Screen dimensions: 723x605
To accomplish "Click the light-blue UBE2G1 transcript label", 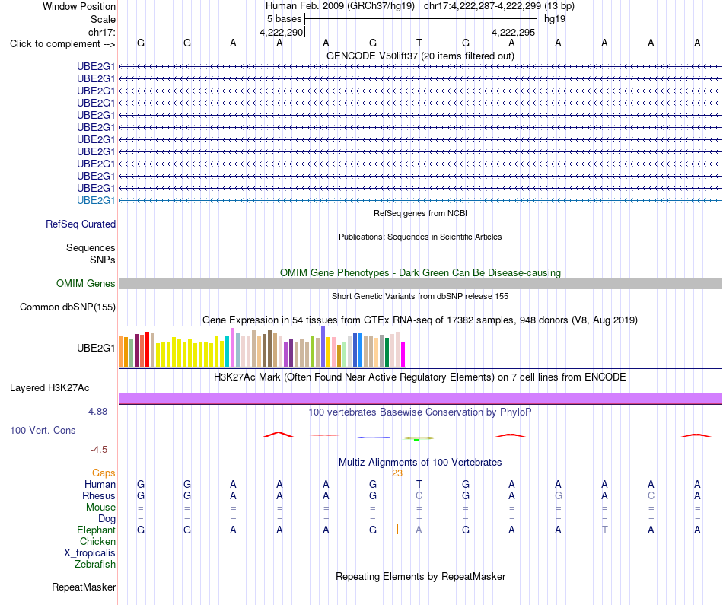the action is pos(96,200).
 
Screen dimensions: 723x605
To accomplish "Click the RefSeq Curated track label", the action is pos(81,224).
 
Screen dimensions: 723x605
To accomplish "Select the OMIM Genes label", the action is pos(86,284).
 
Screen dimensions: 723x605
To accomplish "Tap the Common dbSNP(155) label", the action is pos(68,307).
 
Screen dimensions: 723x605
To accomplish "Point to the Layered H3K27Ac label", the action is pos(49,388).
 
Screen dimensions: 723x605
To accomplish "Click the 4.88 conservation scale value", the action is pos(97,412).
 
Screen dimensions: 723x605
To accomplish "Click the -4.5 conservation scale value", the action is pos(99,450).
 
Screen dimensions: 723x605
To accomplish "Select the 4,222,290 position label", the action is pos(282,32).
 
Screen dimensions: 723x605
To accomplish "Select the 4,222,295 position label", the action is pos(513,32).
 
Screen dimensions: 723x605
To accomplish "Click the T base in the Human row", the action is pos(419,484).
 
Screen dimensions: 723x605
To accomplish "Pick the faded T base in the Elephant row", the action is pos(604,530).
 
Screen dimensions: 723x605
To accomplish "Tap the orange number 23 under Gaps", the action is pos(397,473).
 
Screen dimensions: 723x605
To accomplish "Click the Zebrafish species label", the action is pos(95,564).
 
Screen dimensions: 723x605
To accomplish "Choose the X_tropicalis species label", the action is pos(90,553).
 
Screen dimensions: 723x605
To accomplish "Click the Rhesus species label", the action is pos(99,495).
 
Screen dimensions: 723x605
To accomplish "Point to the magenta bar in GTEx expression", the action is pos(403,355).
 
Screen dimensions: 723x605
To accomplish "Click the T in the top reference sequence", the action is pos(419,43).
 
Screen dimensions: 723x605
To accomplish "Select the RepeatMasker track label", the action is pos(84,587).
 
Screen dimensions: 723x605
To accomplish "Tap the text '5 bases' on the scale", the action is pos(284,19).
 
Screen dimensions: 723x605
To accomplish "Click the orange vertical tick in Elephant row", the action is pos(397,529).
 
